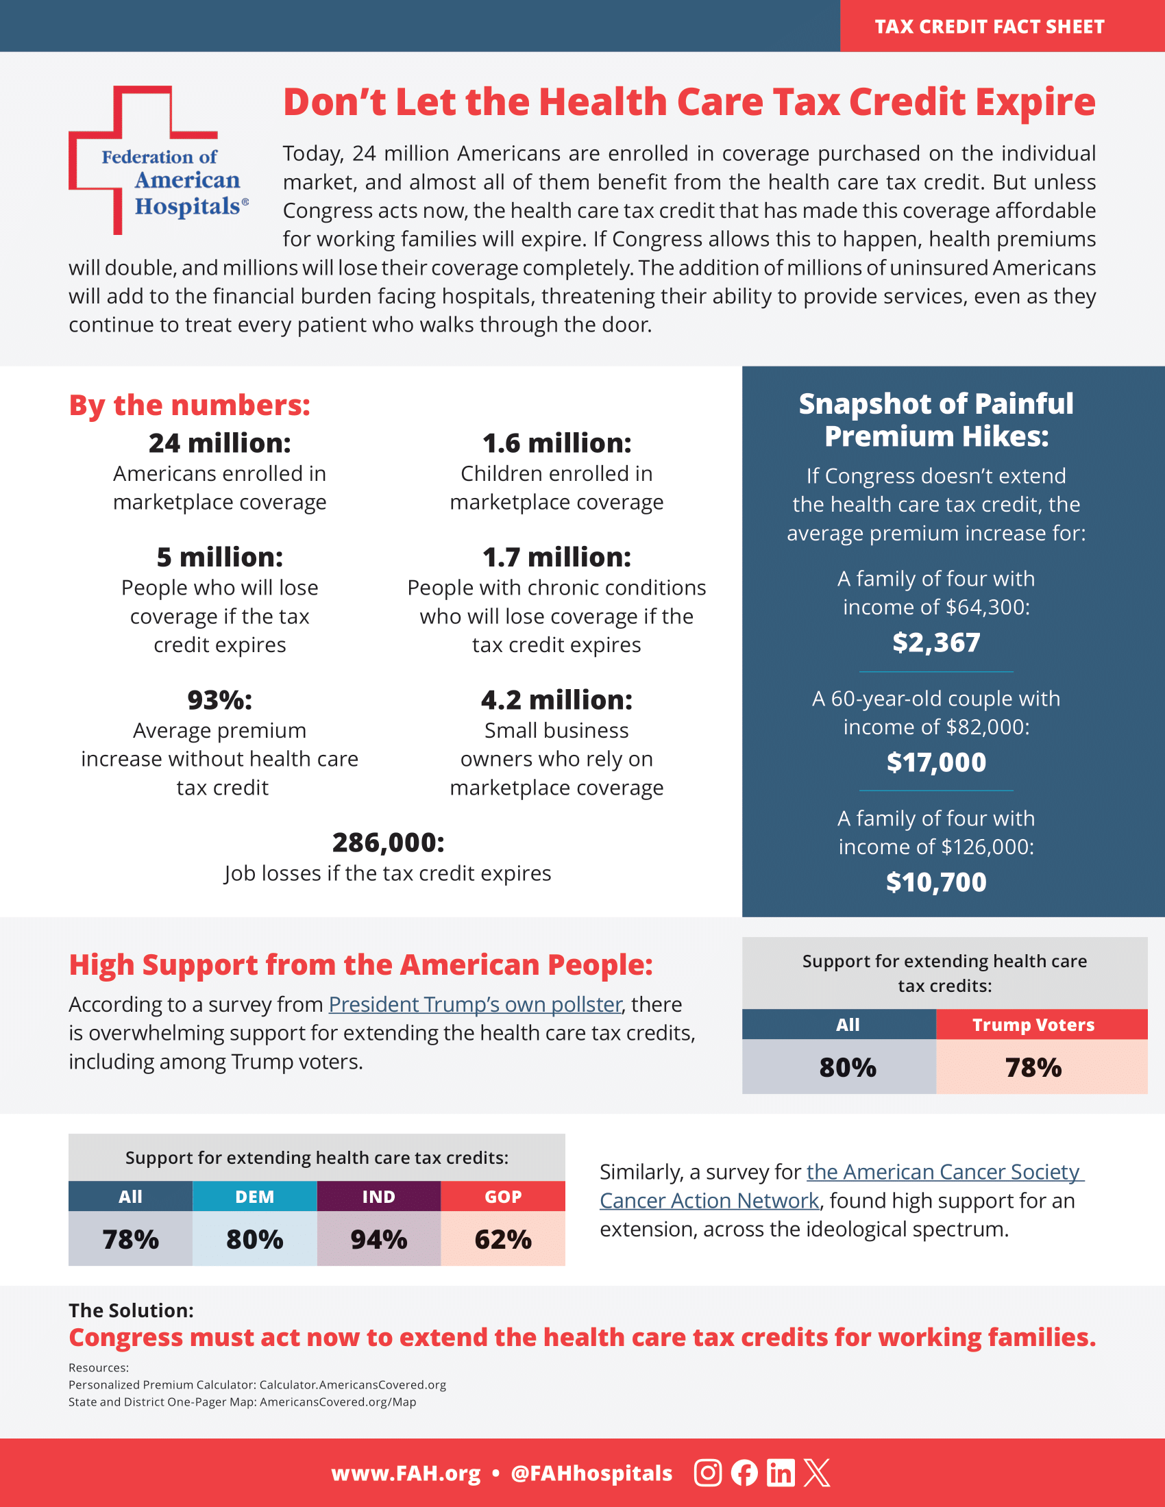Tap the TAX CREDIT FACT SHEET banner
[x=989, y=26]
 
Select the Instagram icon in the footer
[x=707, y=1473]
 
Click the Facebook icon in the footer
[x=744, y=1473]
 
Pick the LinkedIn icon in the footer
[x=781, y=1473]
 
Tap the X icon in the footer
[x=817, y=1473]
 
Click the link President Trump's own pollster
[x=475, y=1004]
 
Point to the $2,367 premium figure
[x=936, y=643]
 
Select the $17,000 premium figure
[x=936, y=762]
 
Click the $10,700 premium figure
[x=936, y=882]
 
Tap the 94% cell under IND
[x=379, y=1239]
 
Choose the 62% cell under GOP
[x=503, y=1239]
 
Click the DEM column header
[x=255, y=1197]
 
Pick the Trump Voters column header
[x=1033, y=1025]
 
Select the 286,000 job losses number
[x=388, y=843]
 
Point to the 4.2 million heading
[x=556, y=699]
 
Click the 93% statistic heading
[x=219, y=699]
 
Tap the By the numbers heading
[x=189, y=405]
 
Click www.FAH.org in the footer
[x=406, y=1473]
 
